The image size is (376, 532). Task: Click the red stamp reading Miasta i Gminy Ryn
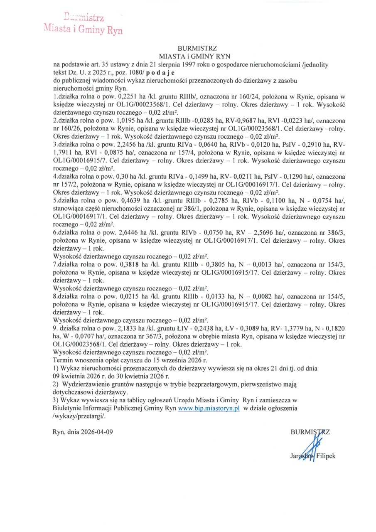pos(83,29)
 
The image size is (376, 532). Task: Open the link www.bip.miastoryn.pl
pos(209,409)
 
